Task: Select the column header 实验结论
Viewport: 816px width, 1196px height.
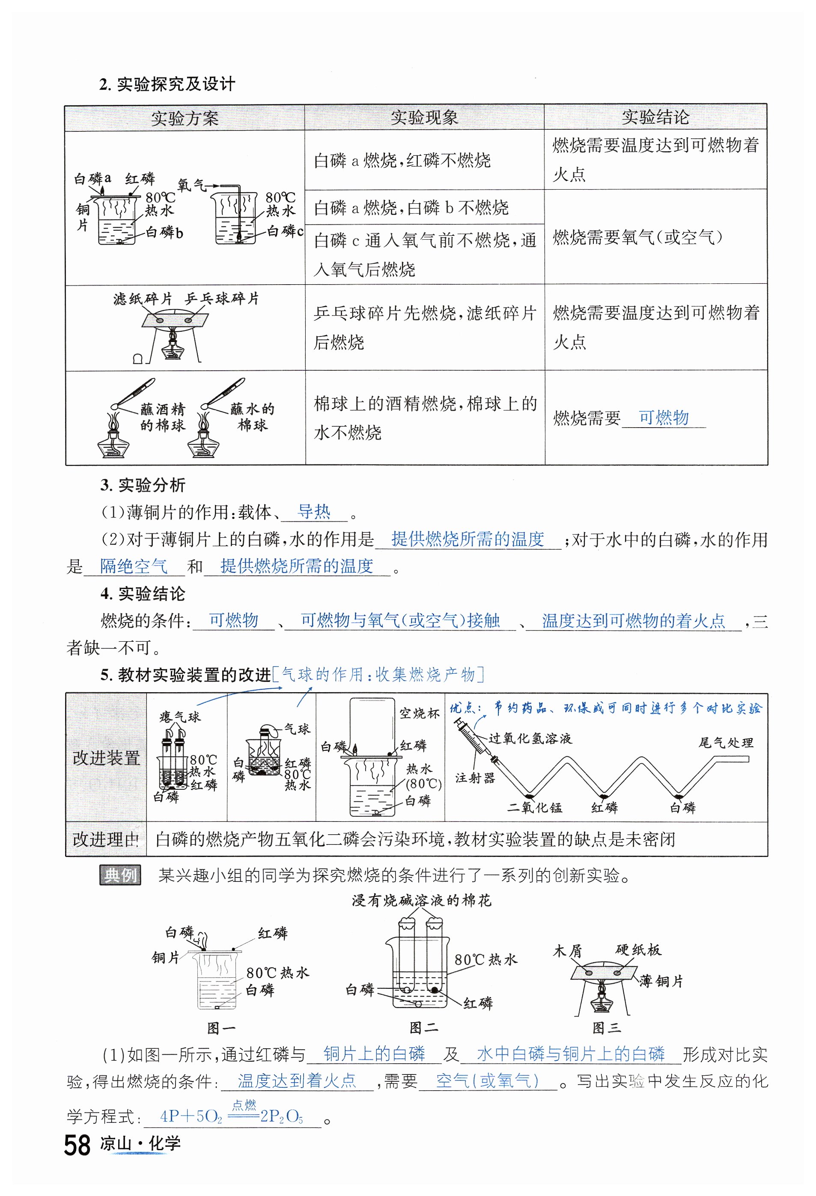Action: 655,117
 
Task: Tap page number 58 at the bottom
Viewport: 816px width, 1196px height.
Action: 77,1145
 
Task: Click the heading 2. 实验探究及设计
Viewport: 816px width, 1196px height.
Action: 167,84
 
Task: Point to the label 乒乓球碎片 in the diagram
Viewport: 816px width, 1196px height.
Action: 221,298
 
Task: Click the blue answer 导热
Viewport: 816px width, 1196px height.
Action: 314,512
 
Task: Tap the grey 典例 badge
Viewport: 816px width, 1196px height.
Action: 120,875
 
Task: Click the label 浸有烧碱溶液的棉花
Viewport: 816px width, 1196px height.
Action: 421,900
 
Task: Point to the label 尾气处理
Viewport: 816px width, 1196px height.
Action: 726,743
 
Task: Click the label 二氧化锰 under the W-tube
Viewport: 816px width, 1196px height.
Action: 534,807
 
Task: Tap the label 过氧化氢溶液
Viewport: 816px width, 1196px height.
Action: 530,738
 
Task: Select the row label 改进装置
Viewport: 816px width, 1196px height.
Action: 106,758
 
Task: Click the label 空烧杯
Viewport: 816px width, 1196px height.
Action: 420,713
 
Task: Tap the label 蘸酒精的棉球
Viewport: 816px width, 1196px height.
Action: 162,417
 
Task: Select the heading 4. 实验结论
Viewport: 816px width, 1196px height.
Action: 143,593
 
